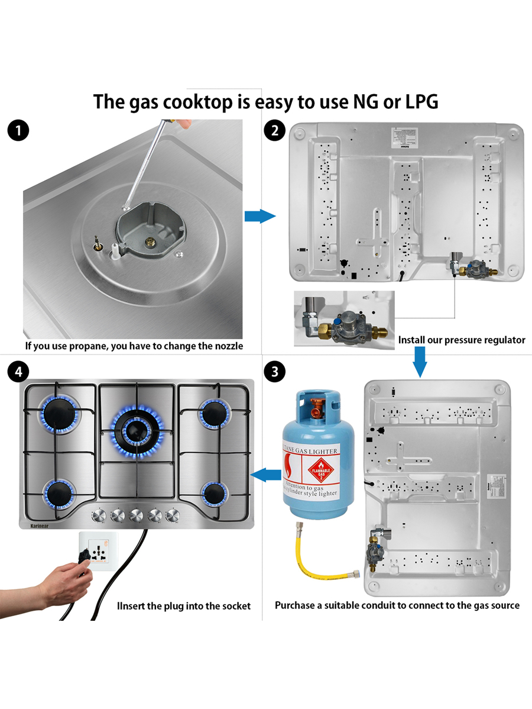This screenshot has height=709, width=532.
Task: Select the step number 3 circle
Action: [274, 372]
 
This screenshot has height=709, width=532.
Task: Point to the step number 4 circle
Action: [20, 372]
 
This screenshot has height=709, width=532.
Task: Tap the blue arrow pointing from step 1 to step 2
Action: [259, 216]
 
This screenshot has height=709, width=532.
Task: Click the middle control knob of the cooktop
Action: [137, 515]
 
